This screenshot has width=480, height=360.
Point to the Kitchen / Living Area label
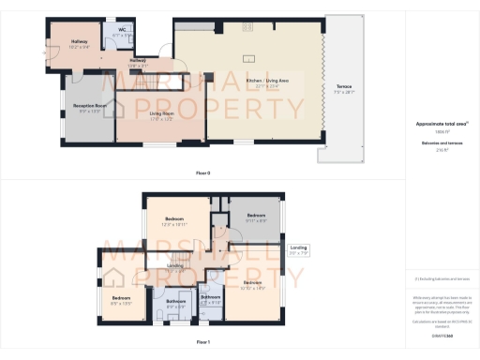point(266,82)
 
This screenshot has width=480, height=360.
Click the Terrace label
point(345,87)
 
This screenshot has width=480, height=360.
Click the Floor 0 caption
point(203,173)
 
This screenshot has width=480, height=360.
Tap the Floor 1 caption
point(203,343)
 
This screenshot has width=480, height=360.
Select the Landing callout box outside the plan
point(297,249)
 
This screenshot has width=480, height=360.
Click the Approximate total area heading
point(441,123)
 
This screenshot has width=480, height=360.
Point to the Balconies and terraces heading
point(441,142)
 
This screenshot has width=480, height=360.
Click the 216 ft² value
point(441,149)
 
